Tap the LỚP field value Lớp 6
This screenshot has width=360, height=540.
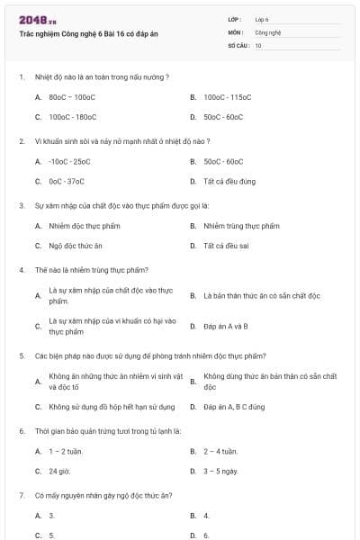(x=262, y=19)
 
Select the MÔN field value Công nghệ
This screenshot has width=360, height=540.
(x=265, y=31)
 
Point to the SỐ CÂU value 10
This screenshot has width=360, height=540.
(x=258, y=44)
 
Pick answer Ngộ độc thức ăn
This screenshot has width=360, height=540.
(x=76, y=246)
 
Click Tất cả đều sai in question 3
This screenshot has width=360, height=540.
(x=226, y=246)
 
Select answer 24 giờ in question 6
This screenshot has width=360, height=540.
(x=60, y=471)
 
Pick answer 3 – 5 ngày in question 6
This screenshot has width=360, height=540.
(x=220, y=471)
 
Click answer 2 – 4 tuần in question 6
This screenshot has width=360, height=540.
(x=220, y=451)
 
